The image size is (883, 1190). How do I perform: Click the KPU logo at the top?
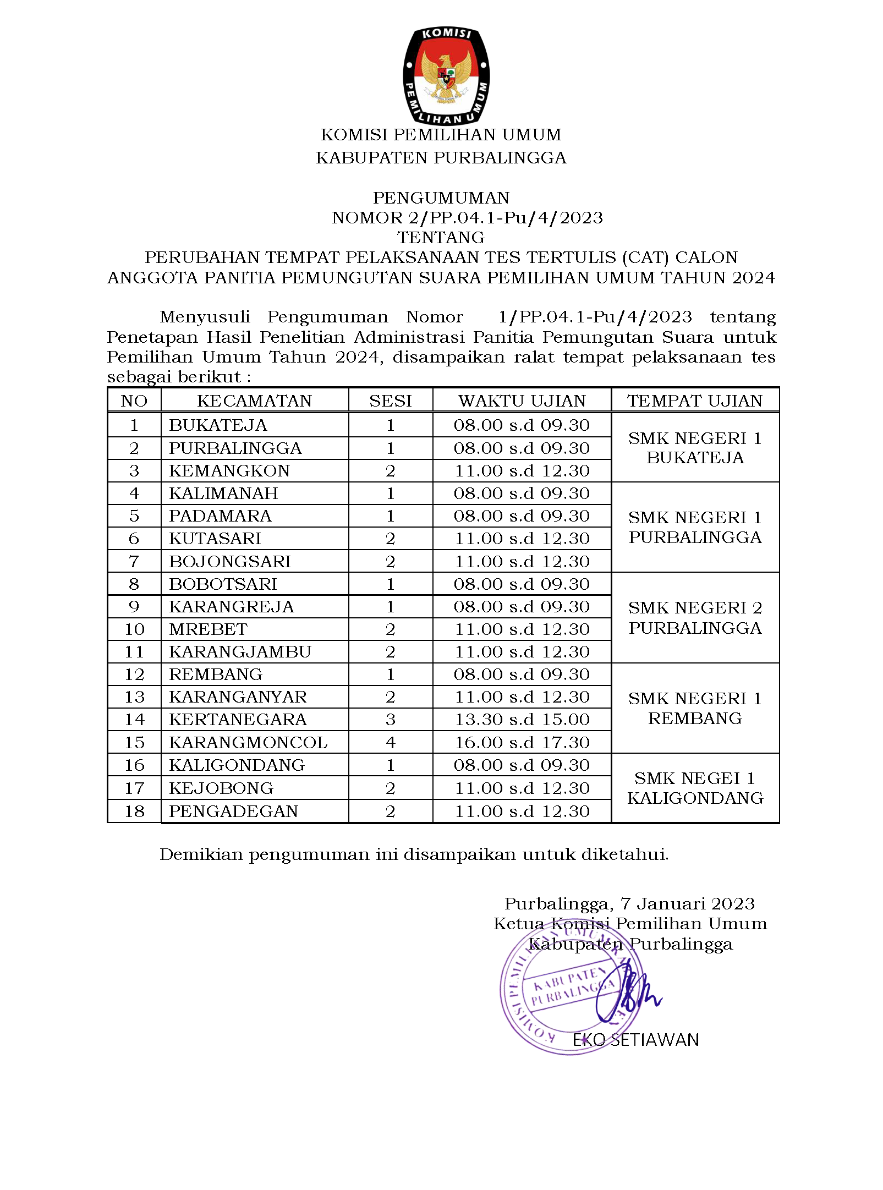coord(446,75)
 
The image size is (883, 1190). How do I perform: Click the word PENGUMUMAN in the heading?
coord(441,198)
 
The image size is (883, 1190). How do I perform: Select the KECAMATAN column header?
coord(254,401)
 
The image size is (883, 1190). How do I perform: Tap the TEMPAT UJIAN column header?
coord(695,401)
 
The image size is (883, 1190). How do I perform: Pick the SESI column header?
coord(391,401)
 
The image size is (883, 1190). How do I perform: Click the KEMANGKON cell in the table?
coord(229,471)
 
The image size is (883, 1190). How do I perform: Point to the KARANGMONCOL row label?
coord(248,742)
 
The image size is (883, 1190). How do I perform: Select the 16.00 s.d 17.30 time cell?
coord(522,742)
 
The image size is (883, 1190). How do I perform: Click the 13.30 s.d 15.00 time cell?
coord(522,720)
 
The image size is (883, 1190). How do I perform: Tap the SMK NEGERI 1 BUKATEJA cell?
coord(695,448)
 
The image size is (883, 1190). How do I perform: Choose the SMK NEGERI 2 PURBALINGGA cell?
coord(695,618)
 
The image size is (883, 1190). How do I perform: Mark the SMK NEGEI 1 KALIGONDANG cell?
coord(695,788)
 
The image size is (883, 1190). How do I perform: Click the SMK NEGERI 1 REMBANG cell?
coord(695,708)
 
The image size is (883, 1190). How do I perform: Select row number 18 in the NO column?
coord(134,811)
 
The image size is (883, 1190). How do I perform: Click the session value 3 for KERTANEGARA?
coord(391,720)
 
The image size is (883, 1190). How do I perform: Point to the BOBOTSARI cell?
coord(223,584)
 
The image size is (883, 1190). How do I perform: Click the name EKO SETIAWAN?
coord(635,1040)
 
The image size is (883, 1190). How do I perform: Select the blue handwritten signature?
coord(627,996)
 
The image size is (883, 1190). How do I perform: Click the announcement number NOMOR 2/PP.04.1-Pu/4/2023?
coord(467,218)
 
